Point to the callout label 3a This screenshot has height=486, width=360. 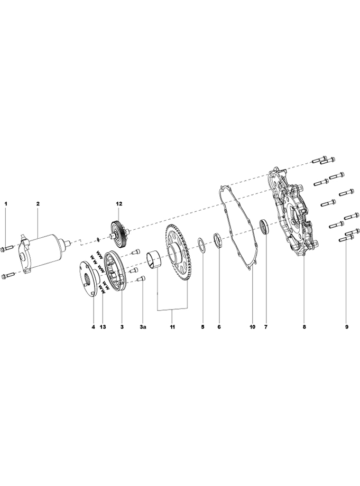(x=142, y=326)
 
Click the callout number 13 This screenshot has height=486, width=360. (x=103, y=326)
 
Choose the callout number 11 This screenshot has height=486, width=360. (x=172, y=326)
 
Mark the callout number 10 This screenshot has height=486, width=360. (x=252, y=326)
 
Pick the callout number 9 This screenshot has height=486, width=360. (x=347, y=326)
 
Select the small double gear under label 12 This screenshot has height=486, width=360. (x=119, y=235)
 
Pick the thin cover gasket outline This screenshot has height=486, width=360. (x=238, y=228)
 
